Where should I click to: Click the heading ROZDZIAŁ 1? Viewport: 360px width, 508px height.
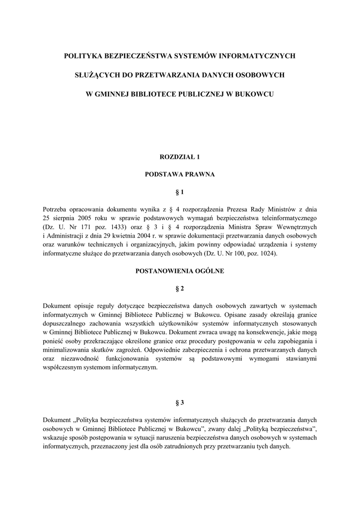click(x=180, y=157)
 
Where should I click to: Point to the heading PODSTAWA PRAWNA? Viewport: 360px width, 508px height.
click(x=180, y=174)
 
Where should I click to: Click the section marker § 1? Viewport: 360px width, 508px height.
click(x=180, y=191)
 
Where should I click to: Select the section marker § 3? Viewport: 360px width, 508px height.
click(x=180, y=402)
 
